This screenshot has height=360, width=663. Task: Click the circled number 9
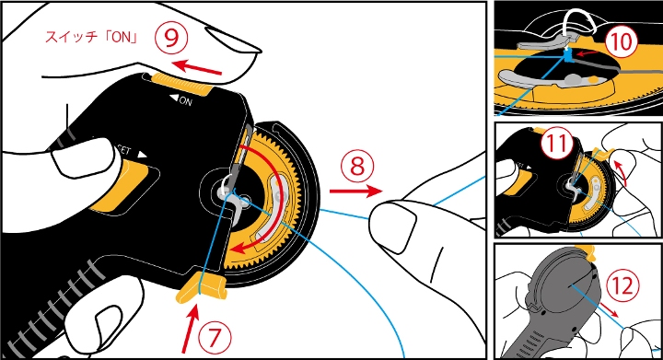[171, 38]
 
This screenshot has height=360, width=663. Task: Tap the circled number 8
[357, 166]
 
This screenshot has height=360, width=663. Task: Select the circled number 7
[215, 337]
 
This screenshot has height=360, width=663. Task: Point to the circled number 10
[621, 41]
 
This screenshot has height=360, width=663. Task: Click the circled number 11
[556, 143]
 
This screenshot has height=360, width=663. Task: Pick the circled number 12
[622, 285]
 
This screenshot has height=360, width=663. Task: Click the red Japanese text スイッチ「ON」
[92, 37]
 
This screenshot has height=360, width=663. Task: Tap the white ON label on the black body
[181, 100]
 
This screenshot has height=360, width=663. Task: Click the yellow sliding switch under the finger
[181, 83]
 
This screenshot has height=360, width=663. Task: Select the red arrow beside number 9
[197, 67]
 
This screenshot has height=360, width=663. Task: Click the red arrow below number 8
[355, 192]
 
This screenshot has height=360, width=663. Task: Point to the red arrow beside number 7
[191, 329]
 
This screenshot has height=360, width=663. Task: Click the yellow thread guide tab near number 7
[202, 287]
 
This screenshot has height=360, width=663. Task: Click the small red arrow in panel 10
[587, 53]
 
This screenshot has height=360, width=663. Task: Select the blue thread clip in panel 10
[568, 54]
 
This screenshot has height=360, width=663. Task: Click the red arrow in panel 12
[610, 309]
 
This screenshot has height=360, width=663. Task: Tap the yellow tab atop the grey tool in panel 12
[589, 252]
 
